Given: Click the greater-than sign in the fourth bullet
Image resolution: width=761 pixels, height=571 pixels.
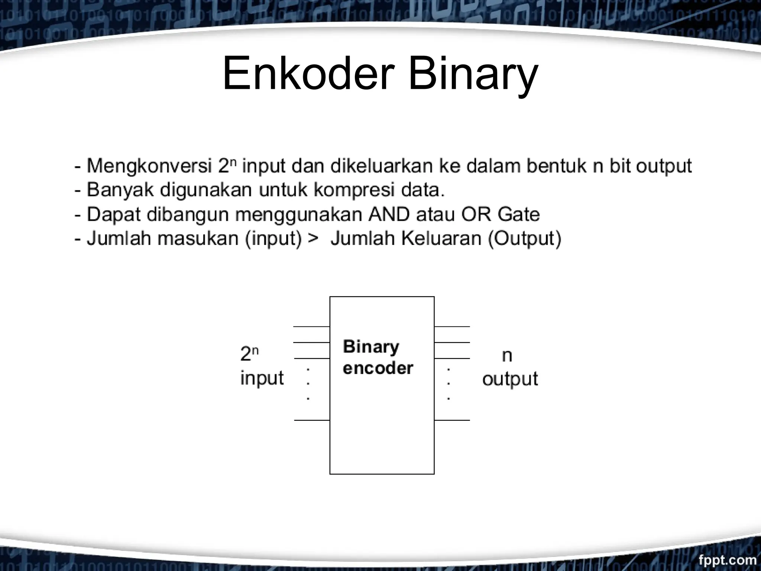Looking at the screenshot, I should (x=313, y=238).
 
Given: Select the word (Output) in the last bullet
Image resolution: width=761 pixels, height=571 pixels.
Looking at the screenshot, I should (x=524, y=238).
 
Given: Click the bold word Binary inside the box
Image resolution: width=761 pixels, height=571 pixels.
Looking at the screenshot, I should (x=371, y=347).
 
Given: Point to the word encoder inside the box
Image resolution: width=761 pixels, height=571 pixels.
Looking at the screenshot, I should (x=378, y=368).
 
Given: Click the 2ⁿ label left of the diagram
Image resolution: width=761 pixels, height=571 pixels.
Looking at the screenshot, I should (x=249, y=354).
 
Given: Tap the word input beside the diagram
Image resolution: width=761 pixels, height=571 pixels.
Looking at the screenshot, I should (x=262, y=378).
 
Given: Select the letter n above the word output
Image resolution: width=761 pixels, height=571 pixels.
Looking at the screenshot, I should (x=507, y=356).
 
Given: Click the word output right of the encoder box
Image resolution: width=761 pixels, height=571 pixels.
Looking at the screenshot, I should (x=510, y=379).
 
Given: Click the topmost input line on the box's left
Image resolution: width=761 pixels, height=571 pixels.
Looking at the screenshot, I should (x=311, y=326).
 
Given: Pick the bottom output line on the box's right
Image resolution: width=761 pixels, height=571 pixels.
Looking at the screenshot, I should (x=452, y=420).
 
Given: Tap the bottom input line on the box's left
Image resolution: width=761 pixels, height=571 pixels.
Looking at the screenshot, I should (x=312, y=420).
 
